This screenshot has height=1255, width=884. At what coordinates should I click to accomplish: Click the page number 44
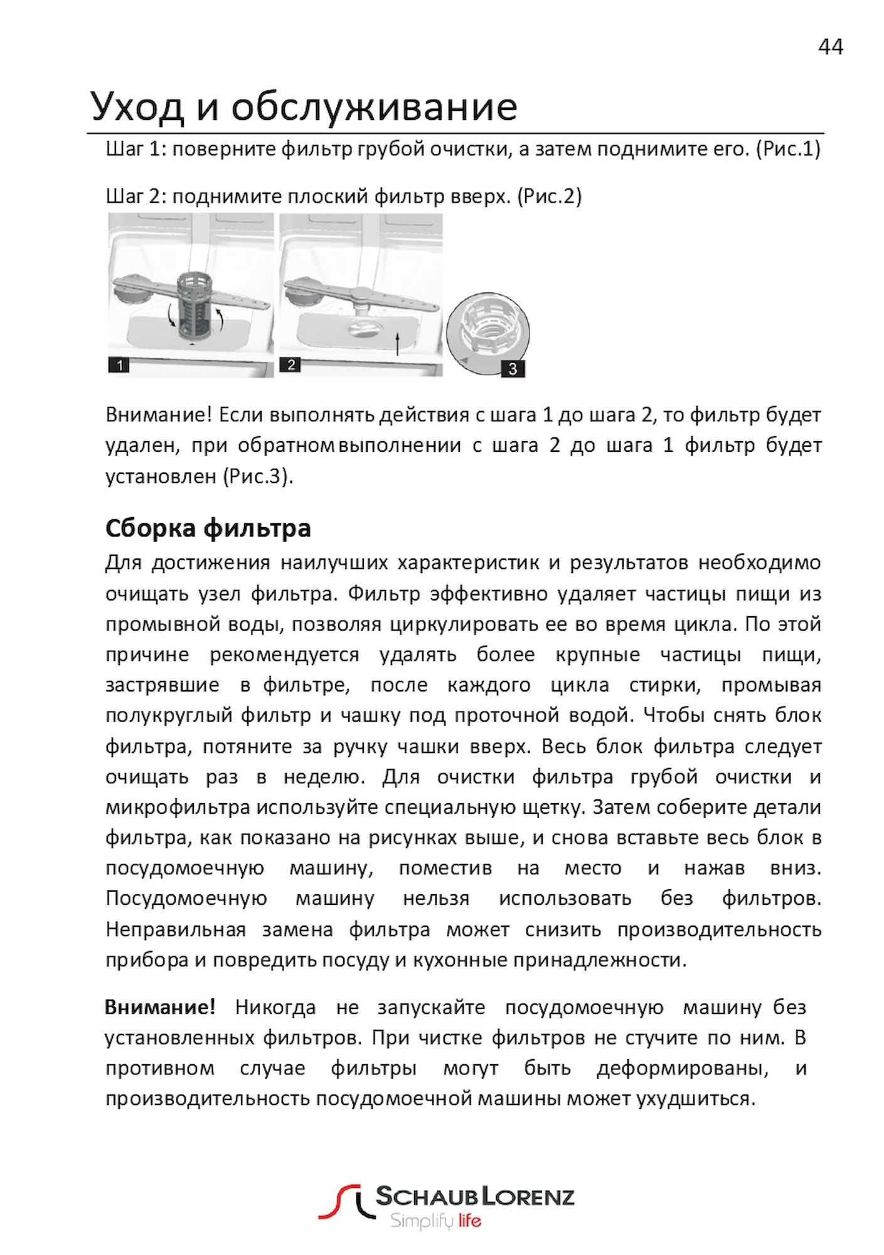point(830,47)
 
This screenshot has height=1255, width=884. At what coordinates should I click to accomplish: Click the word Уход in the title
point(137,106)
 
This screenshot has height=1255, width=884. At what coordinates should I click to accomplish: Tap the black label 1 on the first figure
point(119,364)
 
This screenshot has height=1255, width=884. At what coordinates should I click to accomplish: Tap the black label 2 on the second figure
point(290,364)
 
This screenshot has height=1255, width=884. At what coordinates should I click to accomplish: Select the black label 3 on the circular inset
point(512,368)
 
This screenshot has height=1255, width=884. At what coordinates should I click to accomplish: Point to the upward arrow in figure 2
point(398,344)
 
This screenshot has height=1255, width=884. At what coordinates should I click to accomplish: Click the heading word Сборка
point(150,528)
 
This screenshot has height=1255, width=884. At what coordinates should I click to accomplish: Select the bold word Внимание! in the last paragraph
point(160,1007)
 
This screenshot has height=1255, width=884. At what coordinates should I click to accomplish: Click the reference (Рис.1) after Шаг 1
point(788,149)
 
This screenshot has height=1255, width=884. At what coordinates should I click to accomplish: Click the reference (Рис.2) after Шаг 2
point(550,196)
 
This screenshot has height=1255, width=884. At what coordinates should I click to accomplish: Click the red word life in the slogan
point(469,1220)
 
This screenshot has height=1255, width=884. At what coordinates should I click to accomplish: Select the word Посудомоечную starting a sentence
point(186,899)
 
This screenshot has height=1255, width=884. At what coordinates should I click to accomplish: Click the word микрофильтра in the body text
point(178,807)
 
